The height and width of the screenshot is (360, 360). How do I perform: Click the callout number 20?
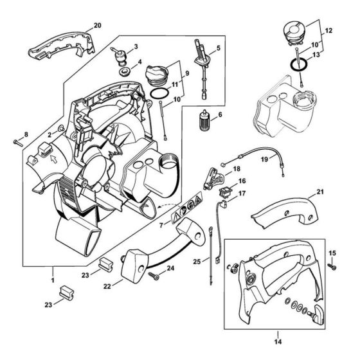pos(97,25)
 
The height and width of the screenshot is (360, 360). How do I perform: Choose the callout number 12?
pos(329,30)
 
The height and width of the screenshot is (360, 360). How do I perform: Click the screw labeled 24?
pos(154,275)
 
